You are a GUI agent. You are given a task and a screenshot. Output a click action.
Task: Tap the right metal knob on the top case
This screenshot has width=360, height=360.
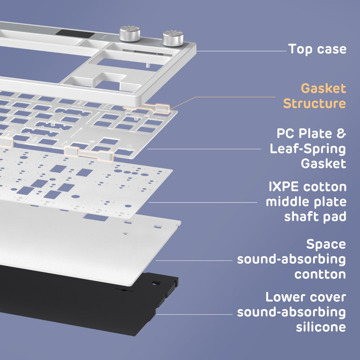tap(173, 38)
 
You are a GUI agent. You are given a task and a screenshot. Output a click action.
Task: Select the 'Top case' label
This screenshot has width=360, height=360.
tap(317, 49)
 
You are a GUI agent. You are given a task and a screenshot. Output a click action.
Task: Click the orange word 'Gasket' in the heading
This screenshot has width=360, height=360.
tap(323, 88)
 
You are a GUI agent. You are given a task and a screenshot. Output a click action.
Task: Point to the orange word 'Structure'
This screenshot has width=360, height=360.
tap(314, 104)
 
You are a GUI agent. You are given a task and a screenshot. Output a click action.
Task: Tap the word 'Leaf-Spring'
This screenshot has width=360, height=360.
tap(308, 149)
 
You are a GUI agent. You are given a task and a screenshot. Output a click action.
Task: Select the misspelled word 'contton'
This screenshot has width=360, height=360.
tap(320, 274)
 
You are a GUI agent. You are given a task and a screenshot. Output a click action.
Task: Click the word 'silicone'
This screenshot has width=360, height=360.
tap(321, 327)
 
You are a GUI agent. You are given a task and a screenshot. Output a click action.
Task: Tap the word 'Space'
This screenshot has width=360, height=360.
tap(326, 244)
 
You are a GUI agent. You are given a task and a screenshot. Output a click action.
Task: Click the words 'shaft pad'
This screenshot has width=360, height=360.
tap(315, 217)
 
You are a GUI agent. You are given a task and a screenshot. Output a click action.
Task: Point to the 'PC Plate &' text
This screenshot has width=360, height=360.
tap(311, 134)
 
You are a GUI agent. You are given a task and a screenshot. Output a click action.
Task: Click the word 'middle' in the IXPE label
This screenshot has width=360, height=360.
tap(286, 202)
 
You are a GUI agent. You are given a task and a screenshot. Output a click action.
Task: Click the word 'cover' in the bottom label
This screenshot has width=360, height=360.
tap(329, 297)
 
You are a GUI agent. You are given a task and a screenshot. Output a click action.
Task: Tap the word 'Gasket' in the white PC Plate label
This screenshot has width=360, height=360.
tap(323, 164)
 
